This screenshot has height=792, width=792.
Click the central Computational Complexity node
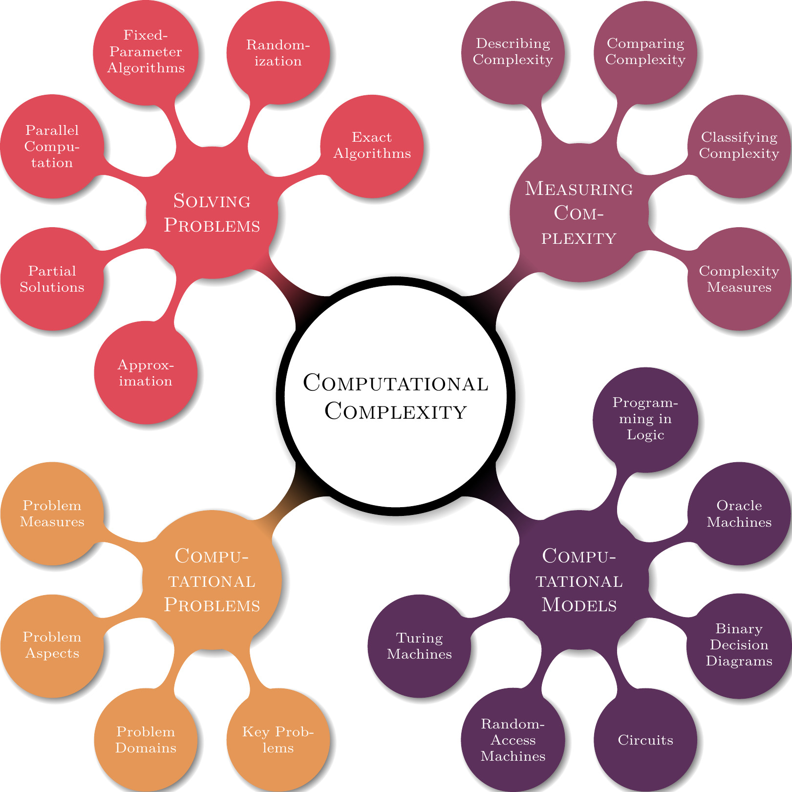(x=396, y=396)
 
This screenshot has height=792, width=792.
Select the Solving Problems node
(x=212, y=213)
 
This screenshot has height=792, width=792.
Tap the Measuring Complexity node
(x=579, y=213)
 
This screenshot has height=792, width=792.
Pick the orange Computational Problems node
(x=212, y=580)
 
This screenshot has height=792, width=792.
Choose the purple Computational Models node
(x=579, y=580)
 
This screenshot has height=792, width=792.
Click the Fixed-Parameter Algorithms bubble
(x=146, y=52)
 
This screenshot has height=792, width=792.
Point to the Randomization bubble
(x=278, y=53)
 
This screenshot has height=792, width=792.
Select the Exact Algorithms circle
(x=372, y=146)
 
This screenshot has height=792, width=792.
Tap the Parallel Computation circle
(x=52, y=146)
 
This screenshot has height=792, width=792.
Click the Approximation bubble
(x=146, y=373)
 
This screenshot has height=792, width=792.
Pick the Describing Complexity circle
(x=513, y=52)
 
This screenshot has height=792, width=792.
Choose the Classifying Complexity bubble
(x=739, y=146)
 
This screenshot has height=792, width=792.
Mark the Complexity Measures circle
(x=739, y=279)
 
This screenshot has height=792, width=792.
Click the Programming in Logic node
(x=645, y=419)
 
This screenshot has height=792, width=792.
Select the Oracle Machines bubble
(x=739, y=514)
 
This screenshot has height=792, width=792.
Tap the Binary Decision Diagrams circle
(x=739, y=645)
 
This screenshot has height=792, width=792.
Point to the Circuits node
(x=645, y=740)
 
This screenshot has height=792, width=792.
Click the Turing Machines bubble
(x=419, y=646)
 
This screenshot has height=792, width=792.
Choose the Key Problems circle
(x=278, y=740)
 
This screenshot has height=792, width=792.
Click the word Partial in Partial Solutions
(x=52, y=271)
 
